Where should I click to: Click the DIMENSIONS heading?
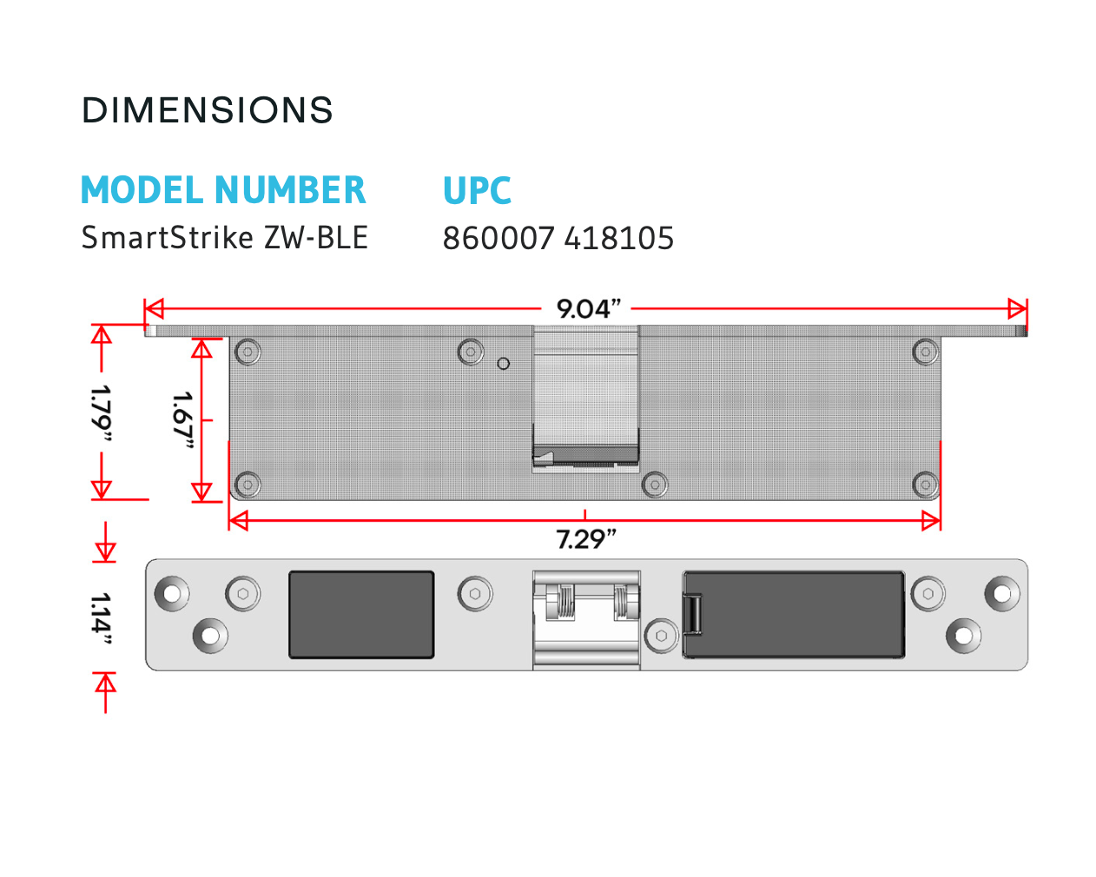tap(207, 110)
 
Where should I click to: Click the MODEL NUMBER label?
tap(223, 190)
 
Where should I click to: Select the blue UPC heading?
tap(477, 190)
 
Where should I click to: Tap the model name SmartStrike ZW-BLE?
tap(225, 237)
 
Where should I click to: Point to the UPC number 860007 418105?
tap(558, 238)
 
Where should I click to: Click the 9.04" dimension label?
tap(588, 308)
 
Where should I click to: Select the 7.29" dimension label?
tap(585, 539)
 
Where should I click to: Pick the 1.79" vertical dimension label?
tap(101, 413)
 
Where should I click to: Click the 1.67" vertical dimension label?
tap(183, 420)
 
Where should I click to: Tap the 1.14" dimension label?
tap(101, 619)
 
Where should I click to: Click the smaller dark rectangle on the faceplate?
tap(361, 615)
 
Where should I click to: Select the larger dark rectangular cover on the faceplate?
tap(794, 615)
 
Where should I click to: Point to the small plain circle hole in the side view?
tap(503, 364)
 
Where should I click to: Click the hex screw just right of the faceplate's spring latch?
tap(662, 636)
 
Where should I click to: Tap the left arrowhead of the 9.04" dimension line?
tap(154, 308)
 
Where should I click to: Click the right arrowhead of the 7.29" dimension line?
tap(932, 521)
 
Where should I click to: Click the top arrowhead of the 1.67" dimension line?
tap(201, 348)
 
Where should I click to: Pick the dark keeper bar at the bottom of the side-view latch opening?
tap(585, 454)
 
